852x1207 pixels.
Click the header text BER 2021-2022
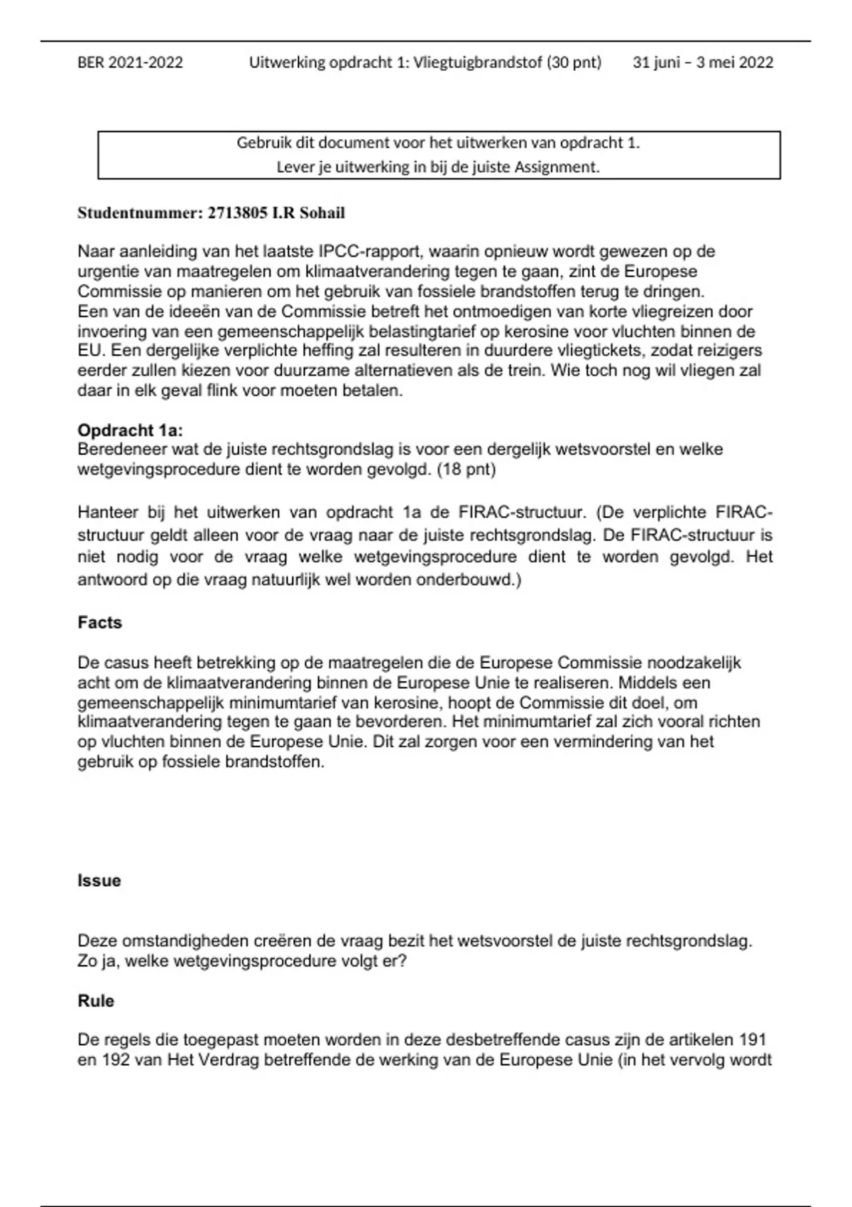130,62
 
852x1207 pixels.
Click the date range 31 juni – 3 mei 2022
702,62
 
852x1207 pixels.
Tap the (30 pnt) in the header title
574,62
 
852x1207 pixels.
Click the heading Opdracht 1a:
131,430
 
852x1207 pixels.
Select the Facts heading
99,623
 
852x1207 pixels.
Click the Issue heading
99,880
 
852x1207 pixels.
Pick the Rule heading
96,1001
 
